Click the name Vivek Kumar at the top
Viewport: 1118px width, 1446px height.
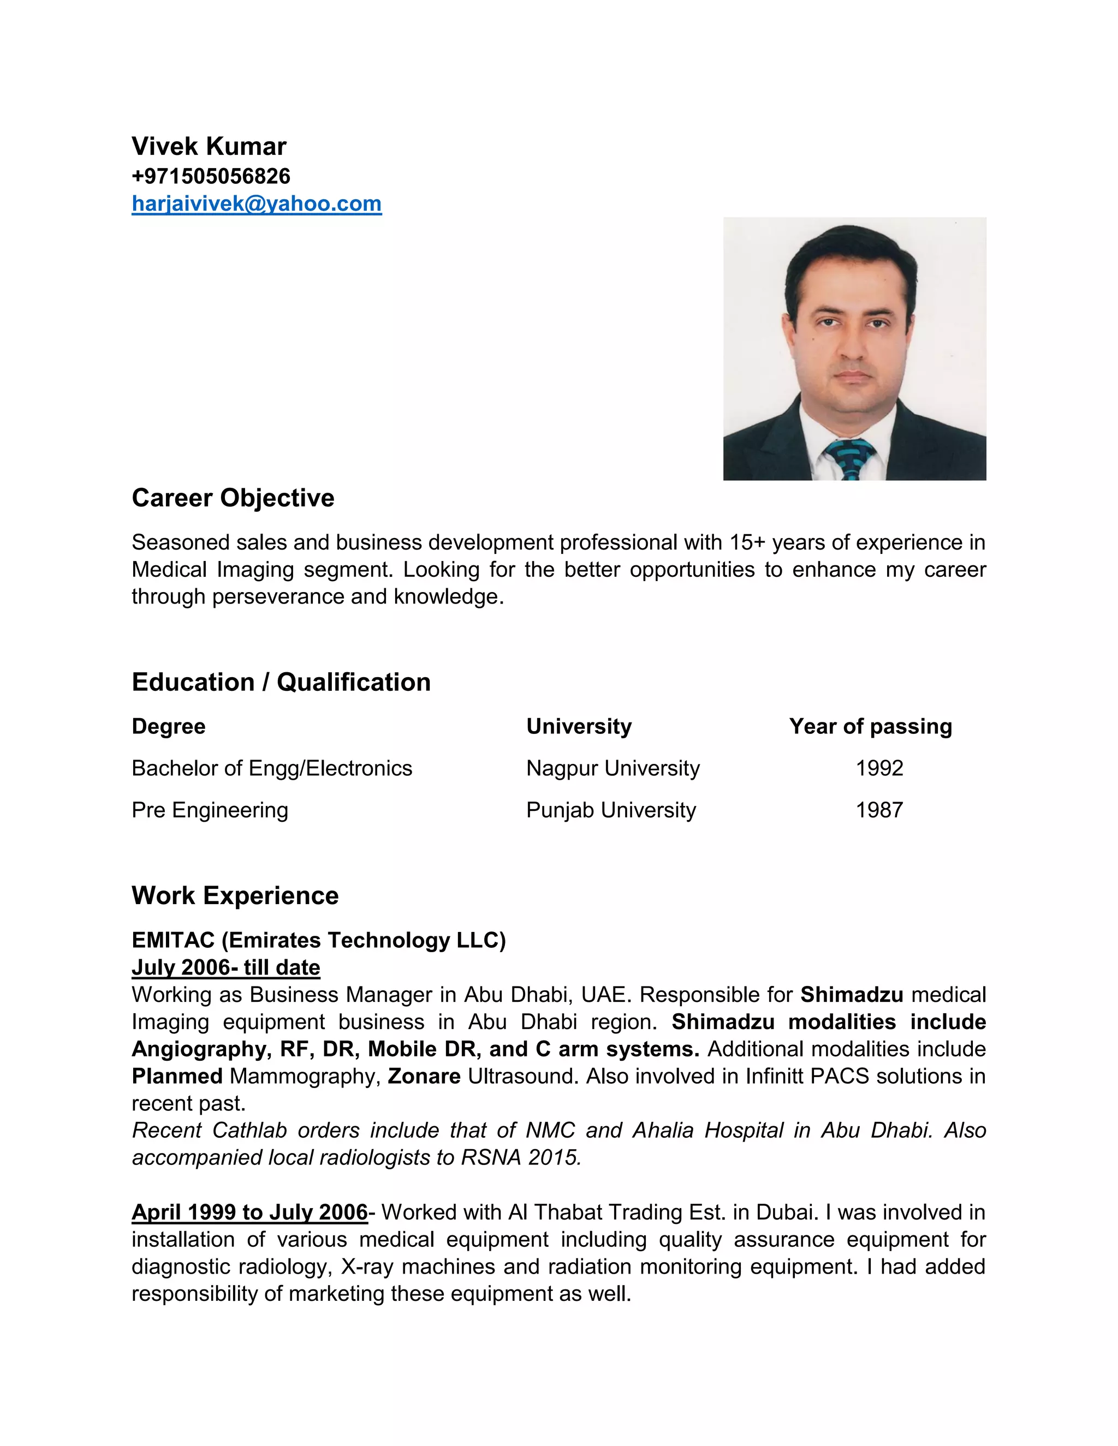209,146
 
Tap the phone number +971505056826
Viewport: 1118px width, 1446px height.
211,176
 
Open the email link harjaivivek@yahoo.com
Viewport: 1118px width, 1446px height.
257,204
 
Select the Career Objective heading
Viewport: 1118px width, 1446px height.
233,498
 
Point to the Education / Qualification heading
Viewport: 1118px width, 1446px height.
281,682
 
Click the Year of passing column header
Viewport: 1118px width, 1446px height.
870,726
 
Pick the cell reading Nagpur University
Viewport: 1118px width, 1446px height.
612,768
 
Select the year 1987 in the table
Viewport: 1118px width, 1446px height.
879,810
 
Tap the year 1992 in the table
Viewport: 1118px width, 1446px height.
879,768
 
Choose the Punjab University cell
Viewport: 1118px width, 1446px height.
611,810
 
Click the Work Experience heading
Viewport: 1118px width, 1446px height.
235,895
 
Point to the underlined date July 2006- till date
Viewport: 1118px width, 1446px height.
226,967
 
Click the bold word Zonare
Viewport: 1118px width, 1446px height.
424,1076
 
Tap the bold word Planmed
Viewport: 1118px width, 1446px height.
177,1076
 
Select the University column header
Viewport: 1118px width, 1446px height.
579,726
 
